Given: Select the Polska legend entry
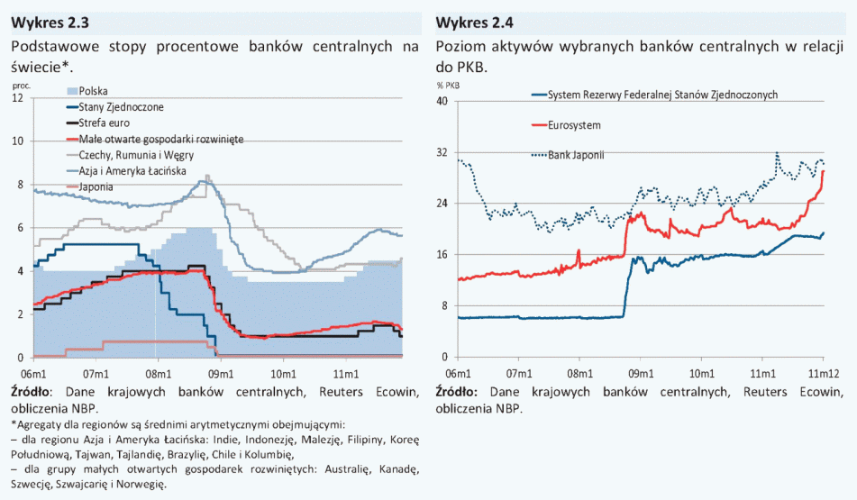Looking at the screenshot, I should point(94,91).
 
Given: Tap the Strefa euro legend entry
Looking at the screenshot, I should point(105,123).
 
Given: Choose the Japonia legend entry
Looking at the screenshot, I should point(96,186).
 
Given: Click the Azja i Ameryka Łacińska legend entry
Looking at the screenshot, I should point(132,170).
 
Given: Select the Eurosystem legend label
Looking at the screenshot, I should point(574,124).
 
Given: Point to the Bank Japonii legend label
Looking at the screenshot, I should point(576,155).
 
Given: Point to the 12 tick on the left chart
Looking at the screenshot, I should point(17,97).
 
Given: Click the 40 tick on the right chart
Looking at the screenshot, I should point(442,101).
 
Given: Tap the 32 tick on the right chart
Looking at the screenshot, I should point(442,152).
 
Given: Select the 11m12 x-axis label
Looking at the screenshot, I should point(823,371).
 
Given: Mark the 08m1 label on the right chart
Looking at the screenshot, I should point(579,371).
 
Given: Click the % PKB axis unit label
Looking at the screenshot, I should point(449,86).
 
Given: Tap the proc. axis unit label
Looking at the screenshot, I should point(22,85).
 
